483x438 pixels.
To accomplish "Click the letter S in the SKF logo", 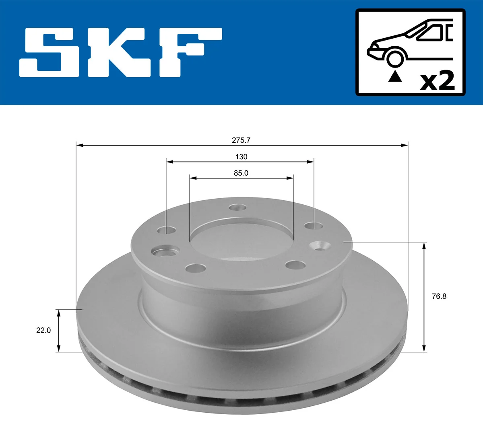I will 50,52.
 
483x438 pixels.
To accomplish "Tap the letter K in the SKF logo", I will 120,52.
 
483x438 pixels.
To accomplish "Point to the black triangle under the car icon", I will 395,76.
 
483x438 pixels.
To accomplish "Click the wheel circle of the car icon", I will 395,58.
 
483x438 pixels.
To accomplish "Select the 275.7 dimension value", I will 241,140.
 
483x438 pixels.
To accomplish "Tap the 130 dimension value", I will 241,156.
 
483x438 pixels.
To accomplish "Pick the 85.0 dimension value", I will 241,173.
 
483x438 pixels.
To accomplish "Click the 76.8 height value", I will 439,296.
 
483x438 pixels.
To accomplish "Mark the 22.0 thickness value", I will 43,330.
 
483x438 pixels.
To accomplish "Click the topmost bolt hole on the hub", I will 237,208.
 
